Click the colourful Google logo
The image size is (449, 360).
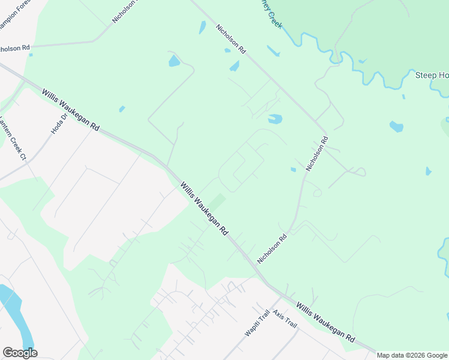click(x=20, y=353)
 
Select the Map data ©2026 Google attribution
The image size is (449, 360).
click(x=412, y=355)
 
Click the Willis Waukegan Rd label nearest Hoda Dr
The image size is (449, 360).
click(x=71, y=110)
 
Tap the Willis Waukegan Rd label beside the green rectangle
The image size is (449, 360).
click(x=205, y=209)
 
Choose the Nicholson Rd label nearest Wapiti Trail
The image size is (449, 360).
click(x=273, y=248)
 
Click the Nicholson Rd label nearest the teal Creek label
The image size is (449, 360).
click(x=231, y=40)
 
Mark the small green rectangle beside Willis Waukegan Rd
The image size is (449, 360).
click(x=217, y=202)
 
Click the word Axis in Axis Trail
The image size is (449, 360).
click(x=278, y=313)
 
